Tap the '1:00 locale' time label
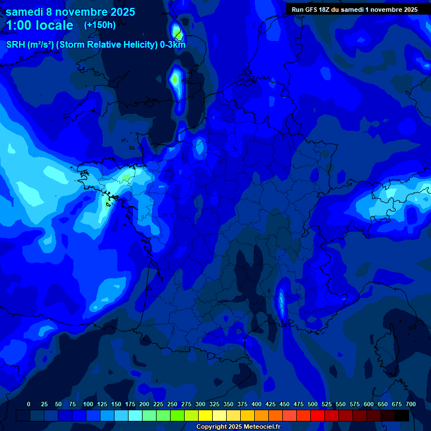click(39, 25)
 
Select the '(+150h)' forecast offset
click(100, 25)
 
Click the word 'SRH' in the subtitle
click(16, 45)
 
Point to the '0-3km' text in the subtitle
click(173, 45)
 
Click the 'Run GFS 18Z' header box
click(354, 10)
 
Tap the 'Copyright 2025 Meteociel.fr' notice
click(238, 427)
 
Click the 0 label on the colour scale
click(29, 405)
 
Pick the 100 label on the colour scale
click(88, 405)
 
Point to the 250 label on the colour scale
click(172, 405)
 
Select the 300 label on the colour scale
click(200, 405)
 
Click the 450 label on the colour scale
click(285, 405)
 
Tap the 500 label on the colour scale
click(313, 405)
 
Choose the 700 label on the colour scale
click(410, 405)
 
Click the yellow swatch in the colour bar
click(205, 415)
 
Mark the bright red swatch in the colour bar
click(318, 415)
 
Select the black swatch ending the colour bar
click(402, 415)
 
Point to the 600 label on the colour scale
click(369, 405)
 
